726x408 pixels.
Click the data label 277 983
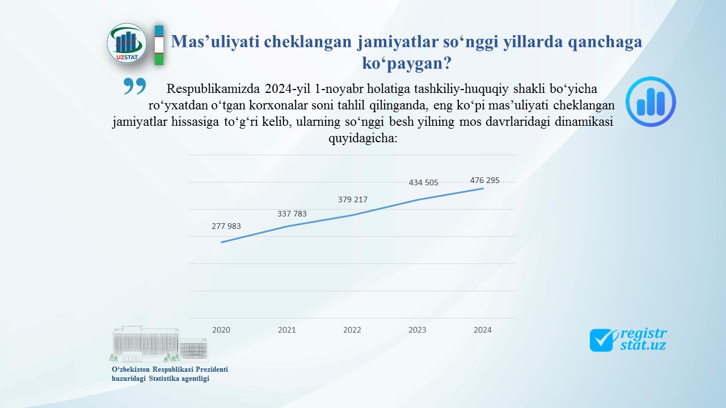[226, 226]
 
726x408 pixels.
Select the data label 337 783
[292, 214]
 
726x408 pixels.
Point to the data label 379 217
[353, 199]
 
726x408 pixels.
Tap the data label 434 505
[423, 182]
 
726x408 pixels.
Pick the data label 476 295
[484, 180]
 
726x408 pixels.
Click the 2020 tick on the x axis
[221, 330]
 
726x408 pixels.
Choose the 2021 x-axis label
[287, 330]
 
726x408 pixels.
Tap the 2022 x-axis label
[352, 330]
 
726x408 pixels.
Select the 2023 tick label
[417, 330]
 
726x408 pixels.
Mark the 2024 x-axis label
[483, 330]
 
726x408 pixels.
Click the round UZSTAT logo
[126, 44]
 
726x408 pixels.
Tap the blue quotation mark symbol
[134, 86]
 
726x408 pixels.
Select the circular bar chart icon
[651, 101]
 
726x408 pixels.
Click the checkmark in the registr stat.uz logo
[603, 340]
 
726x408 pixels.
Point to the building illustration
[159, 344]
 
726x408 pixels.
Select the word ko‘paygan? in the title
[407, 63]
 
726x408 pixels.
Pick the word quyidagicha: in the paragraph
[363, 139]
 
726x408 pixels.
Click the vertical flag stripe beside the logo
[159, 45]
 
